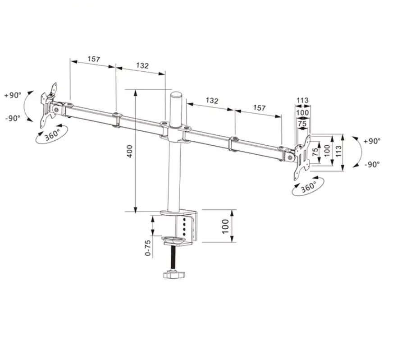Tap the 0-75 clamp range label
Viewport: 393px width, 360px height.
coord(148,248)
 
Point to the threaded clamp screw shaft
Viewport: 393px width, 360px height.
coord(173,258)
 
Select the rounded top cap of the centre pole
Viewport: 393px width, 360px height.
coord(176,97)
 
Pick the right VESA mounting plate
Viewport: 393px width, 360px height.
coord(303,158)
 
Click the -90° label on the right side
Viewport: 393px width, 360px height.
coord(372,164)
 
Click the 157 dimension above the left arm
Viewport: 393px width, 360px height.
coord(93,59)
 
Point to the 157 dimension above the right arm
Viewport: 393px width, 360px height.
coord(259,108)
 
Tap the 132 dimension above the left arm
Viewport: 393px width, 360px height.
coord(142,65)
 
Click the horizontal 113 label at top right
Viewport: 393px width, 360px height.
coord(302,100)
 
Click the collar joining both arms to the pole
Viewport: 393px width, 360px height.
coord(175,131)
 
